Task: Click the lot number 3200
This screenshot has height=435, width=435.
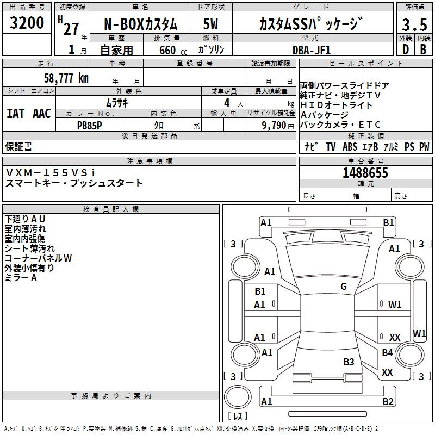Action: [27, 23]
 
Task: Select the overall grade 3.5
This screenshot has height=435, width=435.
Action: [414, 24]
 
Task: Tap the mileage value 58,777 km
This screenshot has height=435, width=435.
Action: [66, 78]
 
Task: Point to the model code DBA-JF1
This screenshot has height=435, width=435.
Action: [312, 50]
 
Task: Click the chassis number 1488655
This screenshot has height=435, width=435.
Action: [365, 173]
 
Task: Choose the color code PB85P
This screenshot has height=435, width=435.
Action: [89, 126]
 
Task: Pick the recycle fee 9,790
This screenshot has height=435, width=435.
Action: [274, 126]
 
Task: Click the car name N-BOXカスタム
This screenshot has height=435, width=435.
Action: [140, 24]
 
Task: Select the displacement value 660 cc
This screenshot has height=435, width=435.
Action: [173, 50]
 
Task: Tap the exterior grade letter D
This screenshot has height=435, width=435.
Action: [406, 49]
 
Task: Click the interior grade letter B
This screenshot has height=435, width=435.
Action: [423, 49]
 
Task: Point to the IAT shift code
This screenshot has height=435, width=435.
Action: [16, 114]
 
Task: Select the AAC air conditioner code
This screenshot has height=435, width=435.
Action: [42, 114]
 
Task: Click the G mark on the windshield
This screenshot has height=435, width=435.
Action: [344, 287]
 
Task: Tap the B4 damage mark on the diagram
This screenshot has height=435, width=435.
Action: [387, 352]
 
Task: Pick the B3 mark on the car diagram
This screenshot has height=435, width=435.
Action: [349, 362]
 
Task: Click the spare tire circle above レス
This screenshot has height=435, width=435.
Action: [238, 397]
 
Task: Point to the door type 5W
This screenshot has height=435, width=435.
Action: [210, 24]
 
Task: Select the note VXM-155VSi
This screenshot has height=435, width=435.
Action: [50, 173]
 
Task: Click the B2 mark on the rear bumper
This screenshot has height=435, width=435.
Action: [388, 402]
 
